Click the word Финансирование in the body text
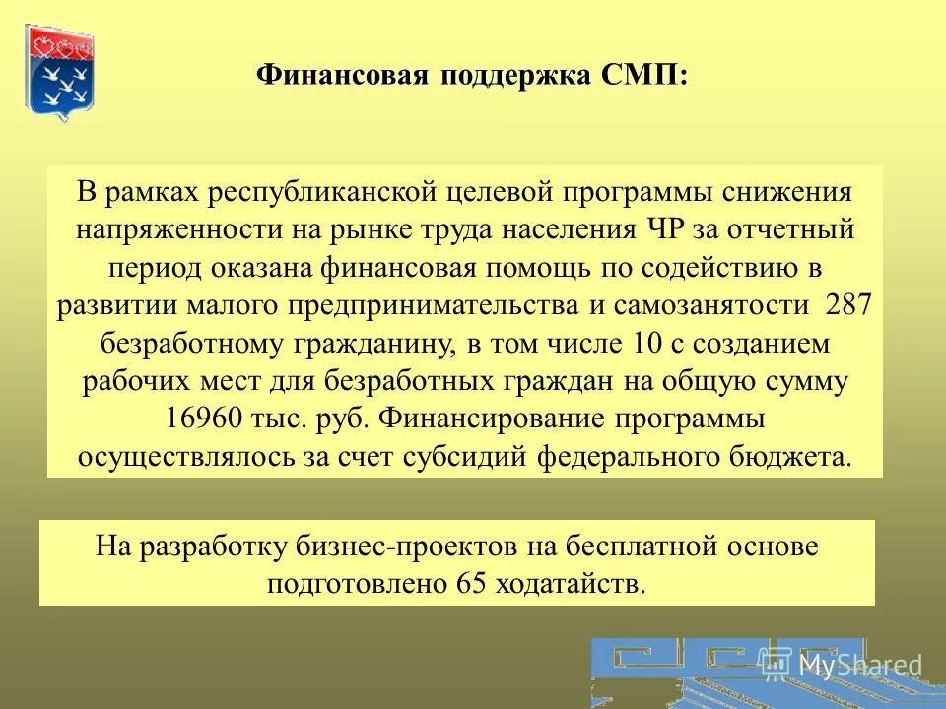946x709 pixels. click(498, 419)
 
